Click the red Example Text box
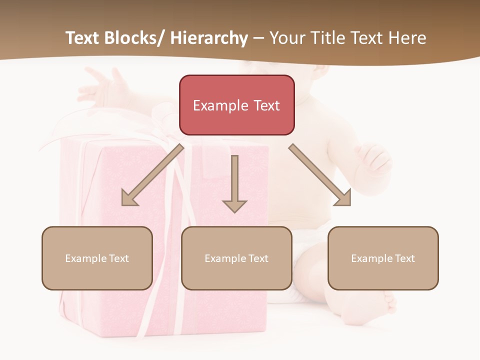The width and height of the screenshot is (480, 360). click(x=237, y=105)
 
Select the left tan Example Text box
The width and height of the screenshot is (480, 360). click(x=97, y=258)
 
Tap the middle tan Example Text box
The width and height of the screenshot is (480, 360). click(x=236, y=258)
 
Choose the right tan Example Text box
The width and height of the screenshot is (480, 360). click(x=383, y=258)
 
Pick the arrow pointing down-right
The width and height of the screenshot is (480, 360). click(x=320, y=175)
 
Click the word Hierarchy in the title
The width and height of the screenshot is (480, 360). click(x=209, y=38)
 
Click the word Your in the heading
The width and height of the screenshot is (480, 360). click(x=287, y=38)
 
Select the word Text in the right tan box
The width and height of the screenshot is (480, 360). click(x=405, y=258)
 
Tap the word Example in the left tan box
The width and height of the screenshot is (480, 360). click(x=85, y=258)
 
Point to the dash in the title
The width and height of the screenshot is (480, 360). click(x=258, y=39)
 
